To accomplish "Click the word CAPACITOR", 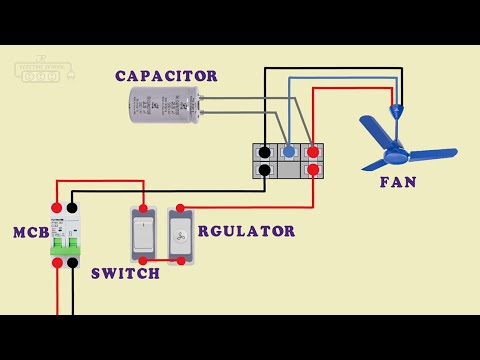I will click(x=166, y=76).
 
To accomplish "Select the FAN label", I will click(x=397, y=182).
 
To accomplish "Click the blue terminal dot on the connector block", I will click(x=288, y=152).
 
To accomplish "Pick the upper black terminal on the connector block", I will click(x=264, y=152).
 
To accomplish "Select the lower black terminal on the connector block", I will click(x=264, y=170).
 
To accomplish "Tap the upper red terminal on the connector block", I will click(x=313, y=152).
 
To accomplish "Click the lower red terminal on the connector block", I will click(x=313, y=170).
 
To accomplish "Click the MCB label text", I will click(x=31, y=232).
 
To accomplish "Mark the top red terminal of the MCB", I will click(x=58, y=207).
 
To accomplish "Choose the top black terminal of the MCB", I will click(x=73, y=207).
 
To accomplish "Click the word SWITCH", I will click(x=125, y=273).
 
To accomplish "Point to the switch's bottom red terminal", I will click(x=144, y=262).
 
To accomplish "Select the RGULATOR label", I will click(x=246, y=231).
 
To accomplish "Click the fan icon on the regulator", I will click(x=181, y=237).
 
